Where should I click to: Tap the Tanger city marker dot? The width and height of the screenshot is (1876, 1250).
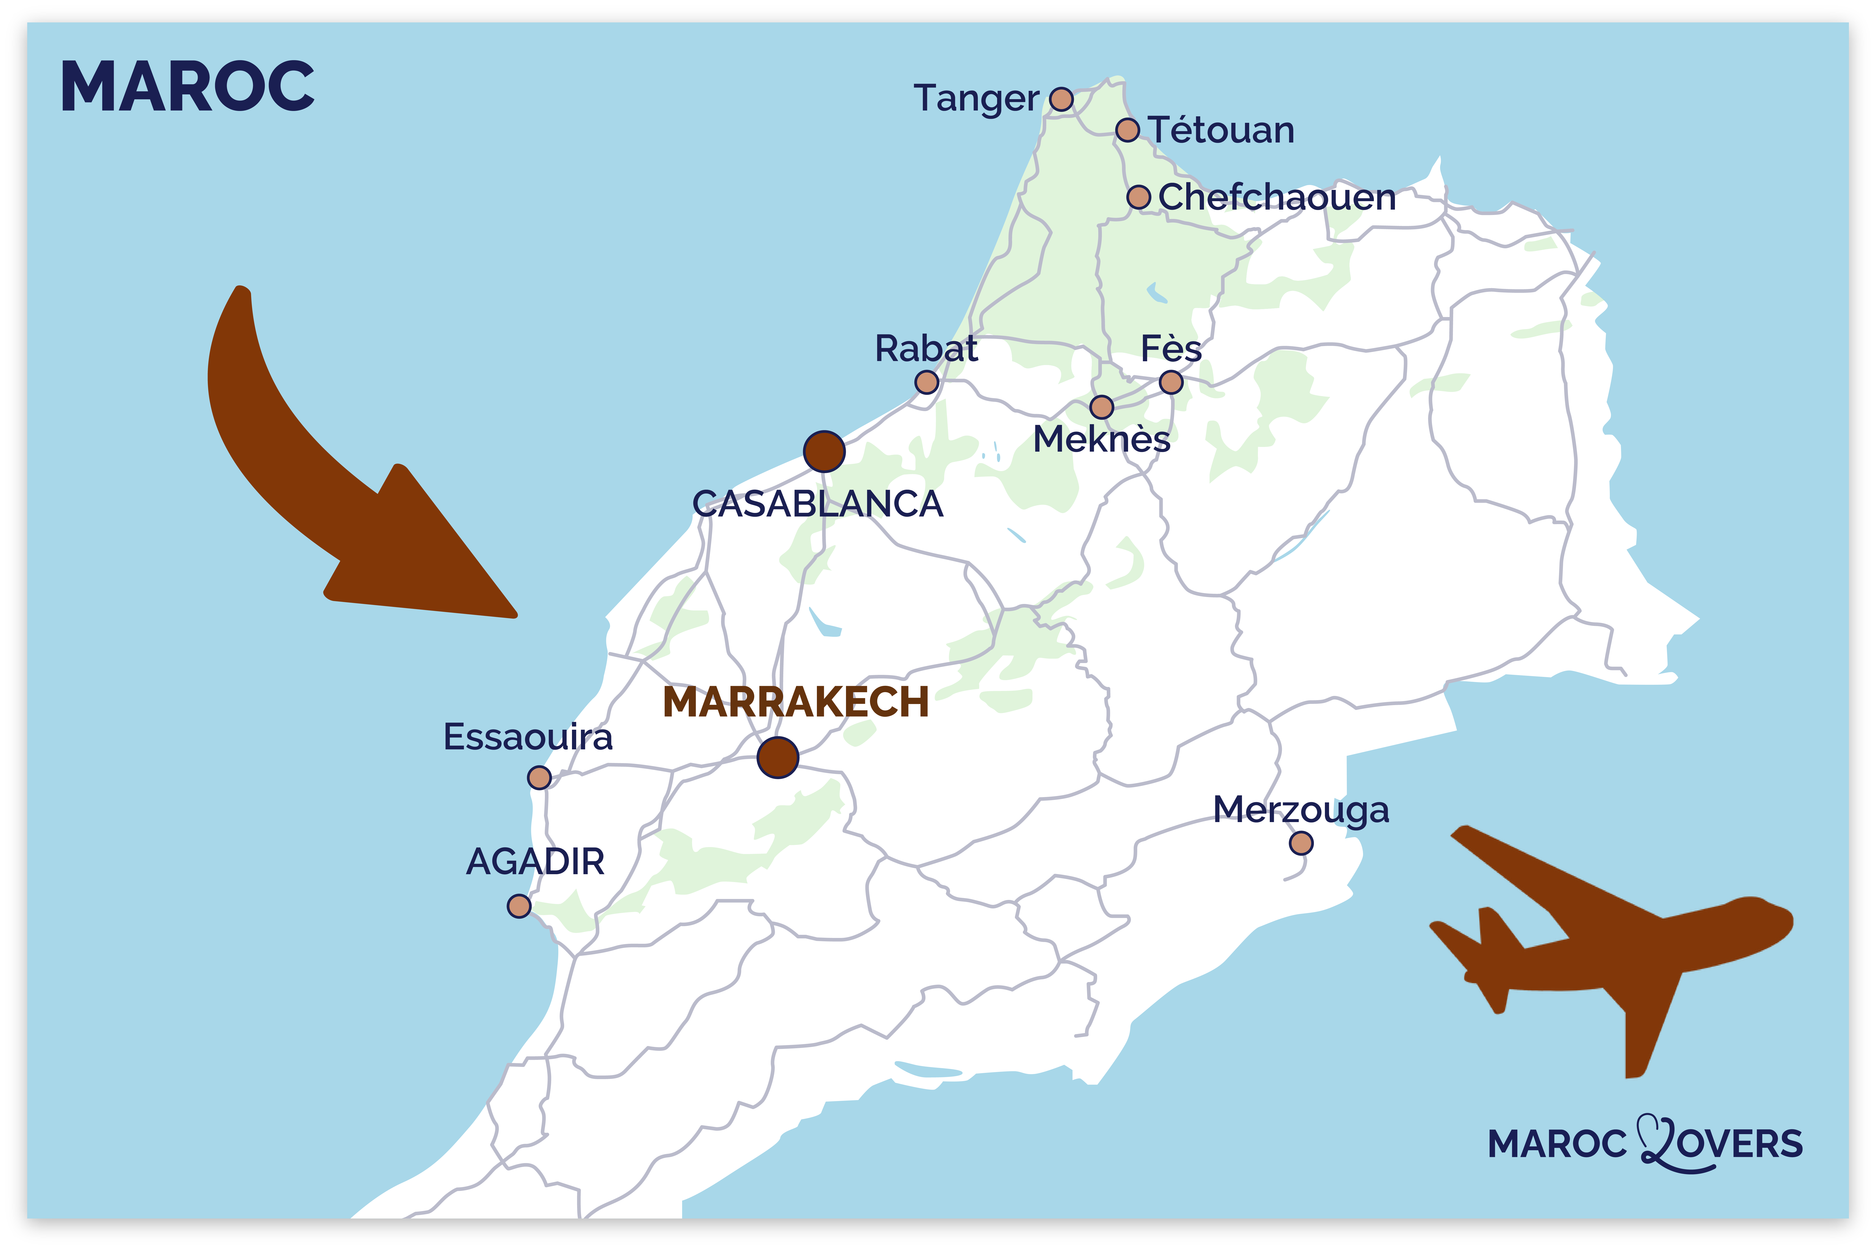tap(1061, 100)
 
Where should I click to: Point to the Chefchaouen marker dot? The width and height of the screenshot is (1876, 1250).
tap(1138, 197)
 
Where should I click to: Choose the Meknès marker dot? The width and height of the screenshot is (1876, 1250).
tap(1101, 407)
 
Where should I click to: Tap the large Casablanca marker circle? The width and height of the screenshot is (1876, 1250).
tap(824, 452)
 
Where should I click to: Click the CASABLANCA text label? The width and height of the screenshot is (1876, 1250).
tap(818, 504)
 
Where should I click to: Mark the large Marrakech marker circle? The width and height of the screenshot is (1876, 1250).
tap(778, 757)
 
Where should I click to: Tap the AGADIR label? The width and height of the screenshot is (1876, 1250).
tap(535, 862)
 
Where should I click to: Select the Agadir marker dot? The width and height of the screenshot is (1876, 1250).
tap(519, 906)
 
